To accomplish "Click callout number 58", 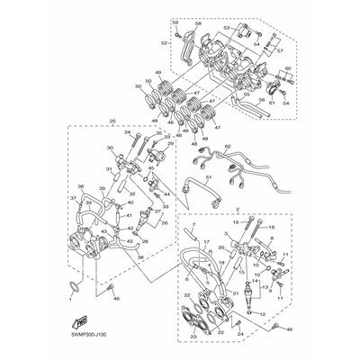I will click(x=198, y=17).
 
